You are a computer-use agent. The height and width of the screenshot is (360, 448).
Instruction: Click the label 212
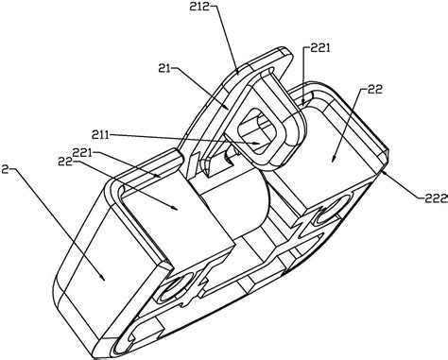(200, 7)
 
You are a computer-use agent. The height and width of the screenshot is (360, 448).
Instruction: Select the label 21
(164, 68)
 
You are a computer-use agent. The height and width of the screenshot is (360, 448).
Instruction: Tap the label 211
(100, 135)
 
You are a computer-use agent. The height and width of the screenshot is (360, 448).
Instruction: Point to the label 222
(436, 198)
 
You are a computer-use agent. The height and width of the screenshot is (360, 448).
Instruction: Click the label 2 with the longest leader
(4, 170)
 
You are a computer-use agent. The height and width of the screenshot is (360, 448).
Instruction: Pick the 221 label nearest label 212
(320, 48)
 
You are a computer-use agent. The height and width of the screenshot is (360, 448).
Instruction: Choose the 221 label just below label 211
(82, 153)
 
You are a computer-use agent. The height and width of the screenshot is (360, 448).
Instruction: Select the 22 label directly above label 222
(374, 89)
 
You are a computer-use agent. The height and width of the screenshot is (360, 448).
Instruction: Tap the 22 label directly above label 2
(64, 161)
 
